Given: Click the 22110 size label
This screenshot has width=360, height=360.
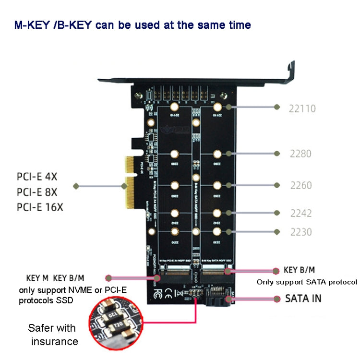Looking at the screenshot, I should pyautogui.click(x=302, y=108).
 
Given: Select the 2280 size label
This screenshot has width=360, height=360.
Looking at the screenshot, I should pyautogui.click(x=300, y=154).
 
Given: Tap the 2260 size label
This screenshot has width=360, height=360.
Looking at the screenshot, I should pyautogui.click(x=300, y=185).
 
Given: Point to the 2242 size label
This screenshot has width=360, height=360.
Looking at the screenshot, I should pyautogui.click(x=300, y=213).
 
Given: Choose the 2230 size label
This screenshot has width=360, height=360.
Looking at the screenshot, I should pyautogui.click(x=300, y=232).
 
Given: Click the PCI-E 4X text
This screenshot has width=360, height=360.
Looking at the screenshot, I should pyautogui.click(x=37, y=177).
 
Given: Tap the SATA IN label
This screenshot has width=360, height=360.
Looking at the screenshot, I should pyautogui.click(x=303, y=298).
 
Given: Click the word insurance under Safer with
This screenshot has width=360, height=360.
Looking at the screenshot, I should pyautogui.click(x=54, y=341).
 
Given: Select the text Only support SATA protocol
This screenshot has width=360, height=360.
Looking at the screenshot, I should pyautogui.click(x=307, y=282).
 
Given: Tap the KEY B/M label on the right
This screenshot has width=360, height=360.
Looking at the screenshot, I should pyautogui.click(x=300, y=270).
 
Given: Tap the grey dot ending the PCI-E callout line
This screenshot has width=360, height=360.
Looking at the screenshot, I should pyautogui.click(x=75, y=186).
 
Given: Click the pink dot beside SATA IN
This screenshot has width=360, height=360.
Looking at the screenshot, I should pyautogui.click(x=276, y=299).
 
